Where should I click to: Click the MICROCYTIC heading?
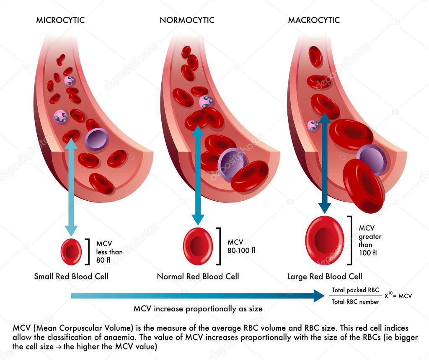click(x=60, y=20)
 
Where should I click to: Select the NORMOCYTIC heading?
click(x=187, y=20)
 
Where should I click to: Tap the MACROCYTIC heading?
click(x=314, y=20)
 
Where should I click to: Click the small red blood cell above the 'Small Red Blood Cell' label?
click(x=71, y=251)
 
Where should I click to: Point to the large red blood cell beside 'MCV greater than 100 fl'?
click(x=325, y=241)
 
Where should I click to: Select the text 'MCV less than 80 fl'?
click(x=109, y=251)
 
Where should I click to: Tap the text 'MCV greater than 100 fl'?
click(x=370, y=241)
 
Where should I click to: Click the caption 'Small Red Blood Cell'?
click(x=71, y=277)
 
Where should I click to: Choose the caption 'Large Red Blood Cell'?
click(x=325, y=277)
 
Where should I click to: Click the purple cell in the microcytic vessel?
click(x=97, y=139)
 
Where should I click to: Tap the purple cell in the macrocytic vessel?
click(x=372, y=160)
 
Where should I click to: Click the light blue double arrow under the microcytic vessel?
click(x=71, y=186)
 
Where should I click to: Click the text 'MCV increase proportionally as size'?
click(x=198, y=309)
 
